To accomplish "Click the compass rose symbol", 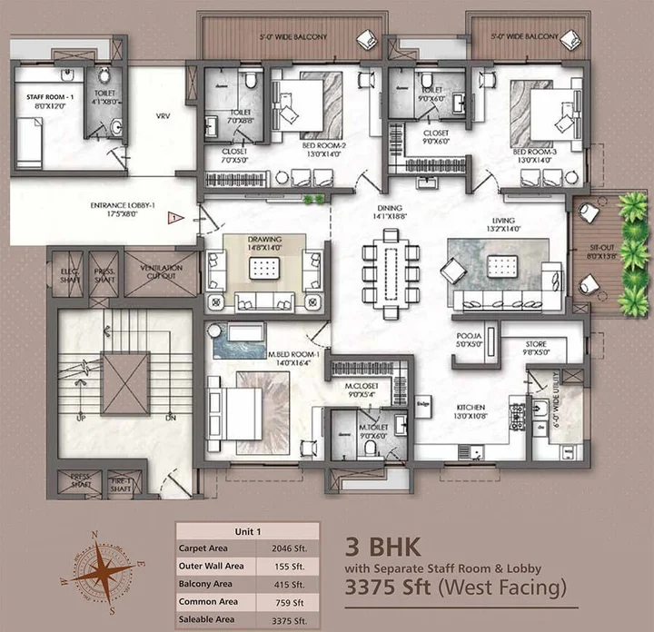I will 101,569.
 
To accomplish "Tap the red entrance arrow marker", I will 173,217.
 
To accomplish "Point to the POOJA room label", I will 469,335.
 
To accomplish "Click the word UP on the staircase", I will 81,419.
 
